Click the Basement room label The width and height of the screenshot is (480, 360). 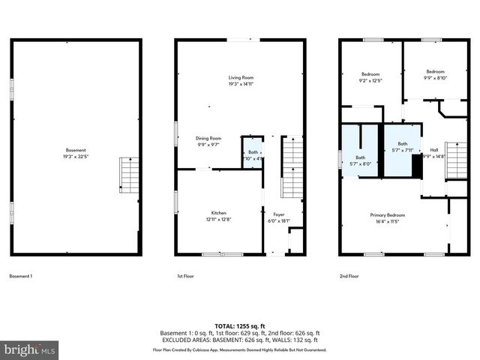coord(75,150)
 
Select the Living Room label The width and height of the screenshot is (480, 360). coord(241,77)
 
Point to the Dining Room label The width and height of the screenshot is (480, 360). coord(208,138)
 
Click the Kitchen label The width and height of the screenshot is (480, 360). coord(218,212)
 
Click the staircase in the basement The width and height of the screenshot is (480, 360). coord(130,176)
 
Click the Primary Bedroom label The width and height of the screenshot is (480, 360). coord(388,214)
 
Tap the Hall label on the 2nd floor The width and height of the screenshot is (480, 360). coord(434,149)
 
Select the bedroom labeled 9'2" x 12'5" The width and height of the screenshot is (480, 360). coord(370,77)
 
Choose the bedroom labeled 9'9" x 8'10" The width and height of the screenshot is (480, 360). coord(436,74)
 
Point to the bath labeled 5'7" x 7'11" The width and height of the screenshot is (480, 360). coord(403,146)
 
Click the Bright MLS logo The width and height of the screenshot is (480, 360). coord(30,349)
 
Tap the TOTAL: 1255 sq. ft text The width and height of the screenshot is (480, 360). coord(240,326)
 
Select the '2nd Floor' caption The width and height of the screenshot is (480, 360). coord(349,276)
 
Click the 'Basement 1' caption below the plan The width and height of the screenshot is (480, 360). coord(20,276)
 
